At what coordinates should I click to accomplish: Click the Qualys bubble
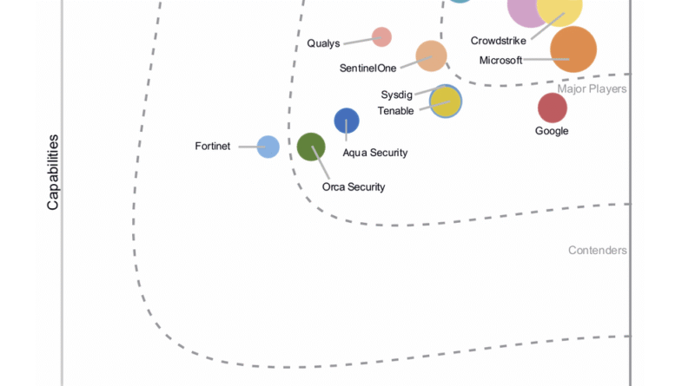pyautogui.click(x=381, y=36)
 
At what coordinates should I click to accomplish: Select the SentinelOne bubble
pyautogui.click(x=431, y=56)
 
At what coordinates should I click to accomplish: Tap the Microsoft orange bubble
pyautogui.click(x=573, y=49)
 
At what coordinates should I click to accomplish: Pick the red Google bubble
pyautogui.click(x=553, y=108)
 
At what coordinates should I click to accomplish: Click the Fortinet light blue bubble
pyautogui.click(x=268, y=147)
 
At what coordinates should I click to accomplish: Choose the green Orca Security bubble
pyautogui.click(x=311, y=147)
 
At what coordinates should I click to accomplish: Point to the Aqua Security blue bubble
pyautogui.click(x=347, y=121)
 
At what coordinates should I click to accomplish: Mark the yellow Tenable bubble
pyautogui.click(x=446, y=101)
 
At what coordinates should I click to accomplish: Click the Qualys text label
pyautogui.click(x=324, y=43)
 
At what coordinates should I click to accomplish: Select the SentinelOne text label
pyautogui.click(x=368, y=69)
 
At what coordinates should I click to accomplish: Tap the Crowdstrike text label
pyautogui.click(x=498, y=41)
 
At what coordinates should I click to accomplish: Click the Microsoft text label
pyautogui.click(x=501, y=60)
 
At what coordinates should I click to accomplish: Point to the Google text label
pyautogui.click(x=552, y=131)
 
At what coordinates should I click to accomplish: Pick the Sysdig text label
pyautogui.click(x=397, y=95)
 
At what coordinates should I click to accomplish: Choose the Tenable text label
pyautogui.click(x=396, y=110)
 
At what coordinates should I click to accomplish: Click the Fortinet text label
pyautogui.click(x=213, y=147)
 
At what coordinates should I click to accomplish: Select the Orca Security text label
pyautogui.click(x=354, y=186)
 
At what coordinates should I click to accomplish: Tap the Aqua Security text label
pyautogui.click(x=375, y=153)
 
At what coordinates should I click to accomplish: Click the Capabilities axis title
pyautogui.click(x=53, y=172)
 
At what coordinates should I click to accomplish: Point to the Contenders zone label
pyautogui.click(x=598, y=251)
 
